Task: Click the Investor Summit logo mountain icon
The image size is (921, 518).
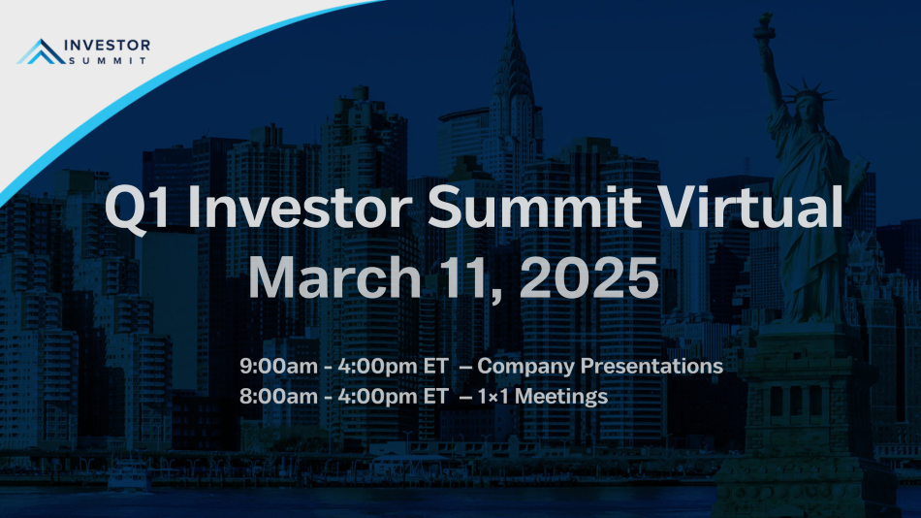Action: pyautogui.click(x=41, y=51)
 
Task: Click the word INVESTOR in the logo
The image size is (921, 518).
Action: pyautogui.click(x=107, y=46)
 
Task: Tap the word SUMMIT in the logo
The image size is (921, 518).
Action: pyautogui.click(x=108, y=60)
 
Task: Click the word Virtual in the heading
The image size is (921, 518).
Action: pyautogui.click(x=749, y=207)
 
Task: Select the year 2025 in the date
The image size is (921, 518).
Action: pyautogui.click(x=588, y=277)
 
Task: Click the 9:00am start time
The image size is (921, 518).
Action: pyautogui.click(x=278, y=366)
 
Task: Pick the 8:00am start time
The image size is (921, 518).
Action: pyautogui.click(x=278, y=397)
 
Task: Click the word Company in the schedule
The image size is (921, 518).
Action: pyautogui.click(x=525, y=367)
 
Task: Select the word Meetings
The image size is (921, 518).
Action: pyautogui.click(x=561, y=398)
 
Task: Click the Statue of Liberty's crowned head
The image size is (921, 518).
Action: pyautogui.click(x=809, y=103)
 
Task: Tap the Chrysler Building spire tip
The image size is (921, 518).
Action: pyautogui.click(x=514, y=4)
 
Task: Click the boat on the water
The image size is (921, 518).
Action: pyautogui.click(x=128, y=475)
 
